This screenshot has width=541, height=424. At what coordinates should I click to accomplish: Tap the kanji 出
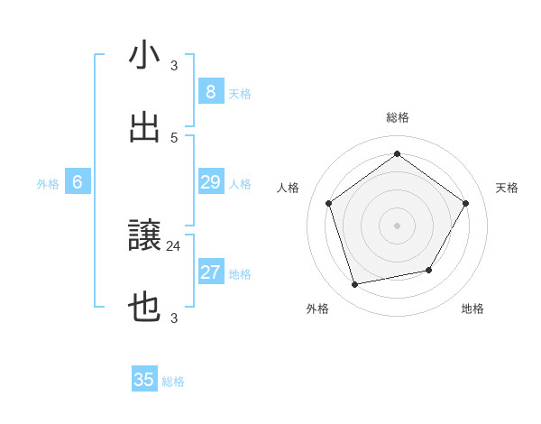[x=144, y=127]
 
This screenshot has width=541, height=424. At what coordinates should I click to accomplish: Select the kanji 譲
[x=144, y=236]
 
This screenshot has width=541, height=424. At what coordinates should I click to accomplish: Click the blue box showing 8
[x=210, y=91]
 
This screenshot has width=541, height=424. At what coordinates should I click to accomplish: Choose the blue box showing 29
[x=210, y=182]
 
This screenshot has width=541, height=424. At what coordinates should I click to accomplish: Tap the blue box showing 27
[x=210, y=272]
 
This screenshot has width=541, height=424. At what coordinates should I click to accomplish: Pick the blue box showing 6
[x=78, y=182]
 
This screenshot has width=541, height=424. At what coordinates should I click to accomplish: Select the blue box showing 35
[x=144, y=380]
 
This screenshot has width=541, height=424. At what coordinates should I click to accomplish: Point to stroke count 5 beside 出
[x=174, y=137]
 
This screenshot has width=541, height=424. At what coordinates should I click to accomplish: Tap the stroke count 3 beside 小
[x=174, y=65]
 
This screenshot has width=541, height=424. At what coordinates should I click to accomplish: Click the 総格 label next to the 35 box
[x=173, y=382]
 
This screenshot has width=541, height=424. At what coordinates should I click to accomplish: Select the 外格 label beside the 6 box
[x=48, y=184]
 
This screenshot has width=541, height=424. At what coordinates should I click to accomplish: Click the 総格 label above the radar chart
[x=397, y=117]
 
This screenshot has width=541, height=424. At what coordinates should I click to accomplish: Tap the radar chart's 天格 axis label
[x=507, y=188]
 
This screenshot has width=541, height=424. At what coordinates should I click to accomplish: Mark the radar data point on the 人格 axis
[x=329, y=203]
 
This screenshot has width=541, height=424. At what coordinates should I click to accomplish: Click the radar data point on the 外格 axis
[x=355, y=284]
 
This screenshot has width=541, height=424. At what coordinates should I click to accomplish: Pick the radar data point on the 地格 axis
[x=429, y=270]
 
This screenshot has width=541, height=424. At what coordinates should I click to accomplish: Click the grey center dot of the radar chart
[x=397, y=225]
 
